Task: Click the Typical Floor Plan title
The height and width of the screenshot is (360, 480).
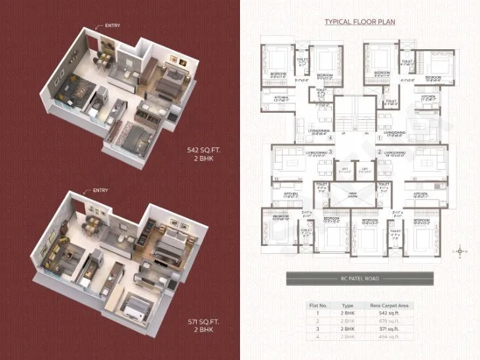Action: tap(360, 22)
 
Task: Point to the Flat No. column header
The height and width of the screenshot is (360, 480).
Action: tap(317, 306)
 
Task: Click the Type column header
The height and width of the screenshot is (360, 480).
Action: tap(348, 306)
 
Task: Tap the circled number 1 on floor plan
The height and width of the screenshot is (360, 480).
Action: tap(380, 139)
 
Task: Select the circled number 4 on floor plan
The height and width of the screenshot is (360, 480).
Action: tap(332, 139)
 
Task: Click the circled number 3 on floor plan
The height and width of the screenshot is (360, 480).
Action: tap(332, 151)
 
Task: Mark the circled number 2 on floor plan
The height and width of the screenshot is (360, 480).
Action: tap(380, 151)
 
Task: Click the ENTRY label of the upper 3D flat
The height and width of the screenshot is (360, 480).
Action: tap(111, 26)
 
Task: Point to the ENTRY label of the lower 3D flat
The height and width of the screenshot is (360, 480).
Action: tap(100, 190)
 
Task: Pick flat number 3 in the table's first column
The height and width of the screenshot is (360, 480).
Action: tap(317, 329)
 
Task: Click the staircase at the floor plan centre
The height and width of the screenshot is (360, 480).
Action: tap(355, 118)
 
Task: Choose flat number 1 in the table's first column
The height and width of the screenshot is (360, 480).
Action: tap(317, 314)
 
